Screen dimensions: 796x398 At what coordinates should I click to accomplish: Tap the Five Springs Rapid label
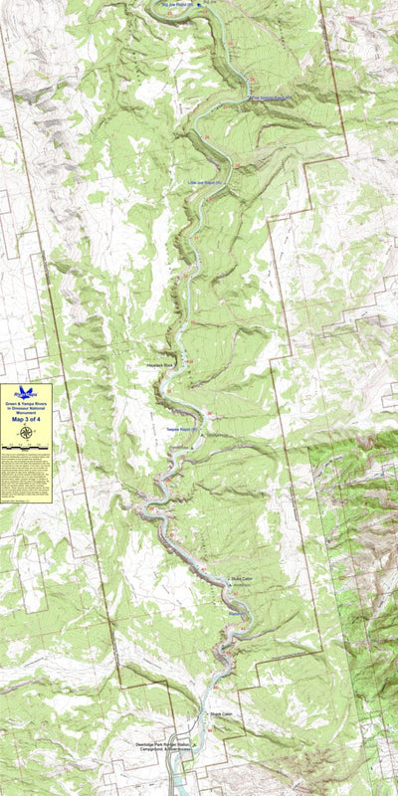coord(270,99)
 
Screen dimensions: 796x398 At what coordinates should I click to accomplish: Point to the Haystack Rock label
coord(160,365)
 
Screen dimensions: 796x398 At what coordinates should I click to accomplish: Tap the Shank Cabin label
coord(220,714)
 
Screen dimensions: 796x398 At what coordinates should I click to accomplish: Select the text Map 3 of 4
coord(26,419)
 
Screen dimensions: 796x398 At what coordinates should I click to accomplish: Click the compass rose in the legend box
coord(26,432)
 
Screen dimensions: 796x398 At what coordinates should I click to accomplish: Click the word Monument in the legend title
coord(26,413)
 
